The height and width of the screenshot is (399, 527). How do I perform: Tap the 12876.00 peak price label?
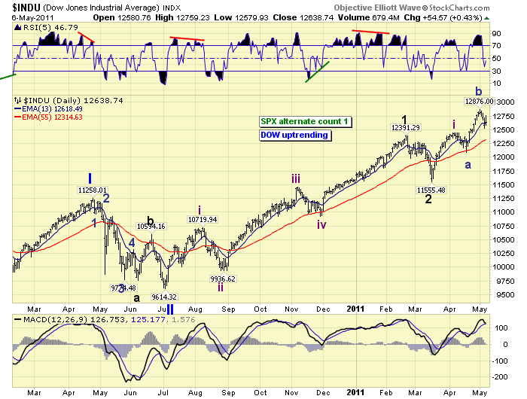tap(479, 100)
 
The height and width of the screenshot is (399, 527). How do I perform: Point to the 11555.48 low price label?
tap(425, 190)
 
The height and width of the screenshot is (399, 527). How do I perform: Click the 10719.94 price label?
tap(203, 219)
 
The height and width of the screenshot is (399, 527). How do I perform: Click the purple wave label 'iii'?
tap(298, 178)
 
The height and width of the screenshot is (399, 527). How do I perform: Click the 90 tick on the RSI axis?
tap(497, 34)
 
